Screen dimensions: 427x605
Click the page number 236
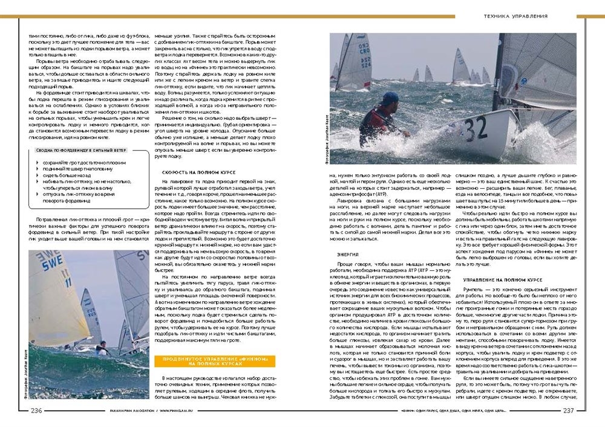click(x=37, y=410)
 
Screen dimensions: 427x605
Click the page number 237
click(x=568, y=410)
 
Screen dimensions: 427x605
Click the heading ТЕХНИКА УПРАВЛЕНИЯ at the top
click(x=516, y=16)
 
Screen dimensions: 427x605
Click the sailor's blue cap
click(x=390, y=97)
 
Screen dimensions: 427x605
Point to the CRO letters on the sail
click(x=364, y=51)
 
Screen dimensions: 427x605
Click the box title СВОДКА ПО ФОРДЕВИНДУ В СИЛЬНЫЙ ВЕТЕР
click(x=80, y=149)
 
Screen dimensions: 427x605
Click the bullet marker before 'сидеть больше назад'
click(x=38, y=174)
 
